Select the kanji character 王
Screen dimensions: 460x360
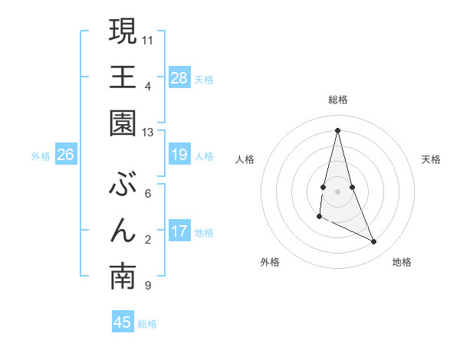[123, 77]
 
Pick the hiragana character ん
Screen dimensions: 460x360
[123, 231]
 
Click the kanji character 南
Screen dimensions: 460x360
[123, 278]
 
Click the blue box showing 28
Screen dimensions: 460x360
[179, 78]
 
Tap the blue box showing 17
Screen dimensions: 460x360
[179, 232]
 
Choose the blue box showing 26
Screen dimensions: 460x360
[65, 155]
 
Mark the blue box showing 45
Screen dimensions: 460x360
[123, 323]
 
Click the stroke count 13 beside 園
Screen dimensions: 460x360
[147, 133]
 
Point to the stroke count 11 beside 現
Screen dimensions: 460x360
[148, 39]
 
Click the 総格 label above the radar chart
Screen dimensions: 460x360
[338, 100]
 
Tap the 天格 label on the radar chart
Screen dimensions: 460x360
[432, 159]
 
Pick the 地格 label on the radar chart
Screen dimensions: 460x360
[402, 262]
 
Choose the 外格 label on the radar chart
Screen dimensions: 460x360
[270, 262]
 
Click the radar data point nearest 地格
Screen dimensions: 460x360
[374, 242]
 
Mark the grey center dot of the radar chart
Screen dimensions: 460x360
[338, 191]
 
